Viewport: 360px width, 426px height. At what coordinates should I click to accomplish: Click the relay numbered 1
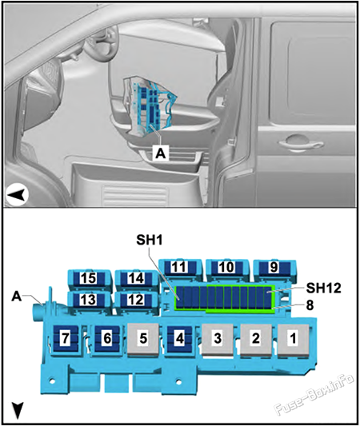(x=293, y=339)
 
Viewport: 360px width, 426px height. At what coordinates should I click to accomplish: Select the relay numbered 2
(x=256, y=339)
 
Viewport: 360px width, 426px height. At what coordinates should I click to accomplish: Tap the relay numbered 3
(x=217, y=339)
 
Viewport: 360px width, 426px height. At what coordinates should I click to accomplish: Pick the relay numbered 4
(x=180, y=339)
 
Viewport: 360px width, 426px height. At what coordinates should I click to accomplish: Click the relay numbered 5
(x=142, y=339)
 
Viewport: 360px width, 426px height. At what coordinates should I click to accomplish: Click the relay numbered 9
(x=274, y=269)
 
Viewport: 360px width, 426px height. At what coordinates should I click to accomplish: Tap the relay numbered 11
(x=180, y=269)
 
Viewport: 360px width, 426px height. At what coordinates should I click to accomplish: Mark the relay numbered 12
(x=135, y=299)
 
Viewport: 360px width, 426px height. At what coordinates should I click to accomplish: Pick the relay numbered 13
(x=88, y=299)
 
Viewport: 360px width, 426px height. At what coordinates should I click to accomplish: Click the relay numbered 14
(x=135, y=279)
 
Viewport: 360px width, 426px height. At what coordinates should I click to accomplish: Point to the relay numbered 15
(x=88, y=279)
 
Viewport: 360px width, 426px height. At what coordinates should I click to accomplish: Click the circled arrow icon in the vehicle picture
(x=17, y=193)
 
